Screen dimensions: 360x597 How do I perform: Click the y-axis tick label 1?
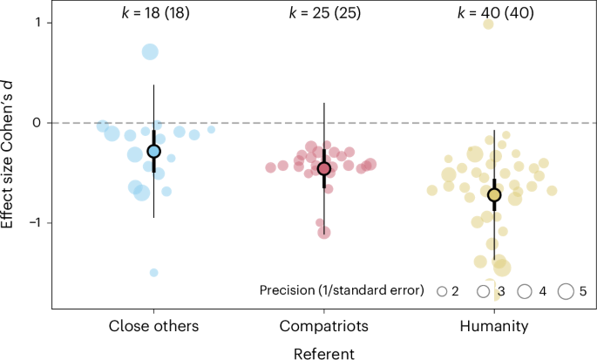tap(36, 23)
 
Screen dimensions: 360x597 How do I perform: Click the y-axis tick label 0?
tap(36, 123)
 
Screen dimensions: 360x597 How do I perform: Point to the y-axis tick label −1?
tap(32, 223)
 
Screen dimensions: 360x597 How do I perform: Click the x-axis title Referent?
tap(323, 352)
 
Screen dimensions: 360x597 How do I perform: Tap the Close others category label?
tap(153, 327)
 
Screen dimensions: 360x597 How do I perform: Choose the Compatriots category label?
tap(323, 327)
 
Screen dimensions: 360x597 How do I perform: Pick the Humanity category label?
tap(493, 327)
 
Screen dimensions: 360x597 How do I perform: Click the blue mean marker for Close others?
tap(154, 151)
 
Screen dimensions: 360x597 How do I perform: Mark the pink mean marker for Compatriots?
tap(323, 168)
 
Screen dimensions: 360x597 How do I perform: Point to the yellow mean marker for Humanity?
tap(494, 194)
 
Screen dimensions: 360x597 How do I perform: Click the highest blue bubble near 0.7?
tap(150, 52)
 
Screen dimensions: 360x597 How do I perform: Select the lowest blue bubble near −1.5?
tap(154, 273)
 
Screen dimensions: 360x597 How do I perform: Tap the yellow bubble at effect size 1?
tap(489, 24)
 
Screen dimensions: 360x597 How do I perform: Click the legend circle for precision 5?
tap(565, 290)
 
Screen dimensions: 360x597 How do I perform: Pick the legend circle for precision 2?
tap(442, 291)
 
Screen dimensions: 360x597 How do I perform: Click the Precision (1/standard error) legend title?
tap(342, 290)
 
